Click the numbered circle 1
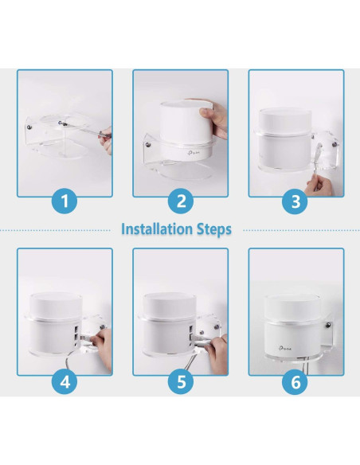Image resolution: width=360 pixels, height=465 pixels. point(65,201)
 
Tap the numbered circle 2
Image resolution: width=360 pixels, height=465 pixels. point(180,201)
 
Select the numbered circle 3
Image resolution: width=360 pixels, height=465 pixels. point(296,201)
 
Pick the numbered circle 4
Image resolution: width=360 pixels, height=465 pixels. point(65,381)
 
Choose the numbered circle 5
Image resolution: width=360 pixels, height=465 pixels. point(180,381)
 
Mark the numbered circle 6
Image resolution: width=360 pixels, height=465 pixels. point(296,381)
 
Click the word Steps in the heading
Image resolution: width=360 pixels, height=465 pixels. point(213,229)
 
